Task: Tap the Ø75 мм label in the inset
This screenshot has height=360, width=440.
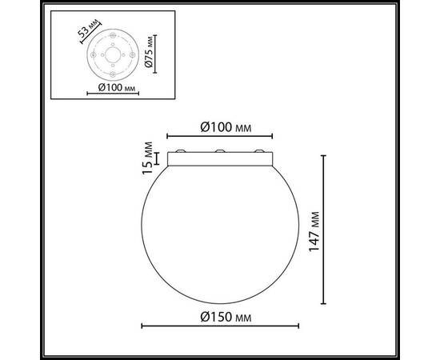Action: coord(161,53)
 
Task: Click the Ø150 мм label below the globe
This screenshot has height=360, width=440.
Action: coord(222,317)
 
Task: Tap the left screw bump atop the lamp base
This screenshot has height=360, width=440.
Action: coord(182,151)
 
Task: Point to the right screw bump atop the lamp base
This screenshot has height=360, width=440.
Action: coord(257,151)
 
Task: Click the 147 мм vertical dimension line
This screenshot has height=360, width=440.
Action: coord(323,230)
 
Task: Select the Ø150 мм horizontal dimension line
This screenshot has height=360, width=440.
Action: coord(220,326)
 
